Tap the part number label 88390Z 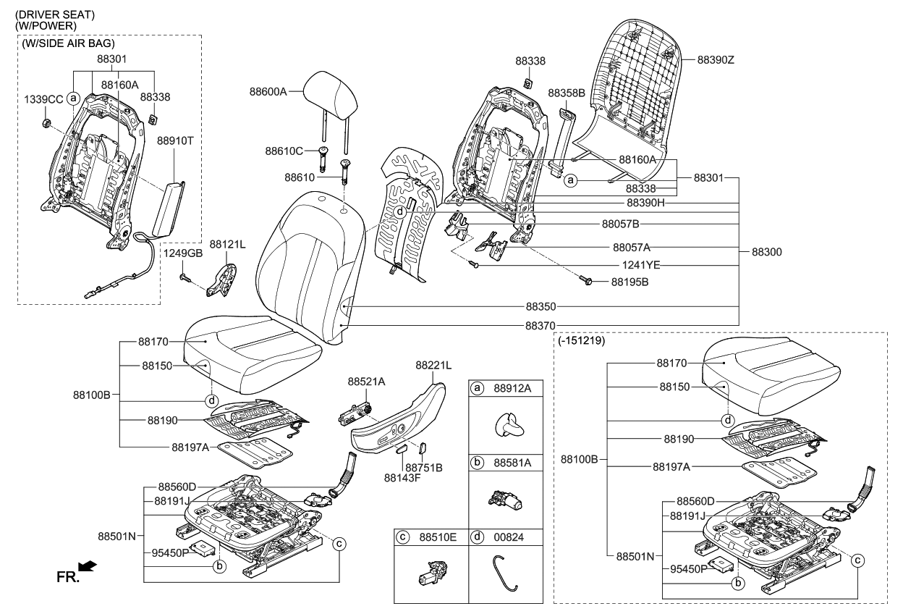716,60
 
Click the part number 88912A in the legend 512,389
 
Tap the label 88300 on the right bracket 766,252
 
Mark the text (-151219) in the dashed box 582,340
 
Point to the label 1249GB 182,253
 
